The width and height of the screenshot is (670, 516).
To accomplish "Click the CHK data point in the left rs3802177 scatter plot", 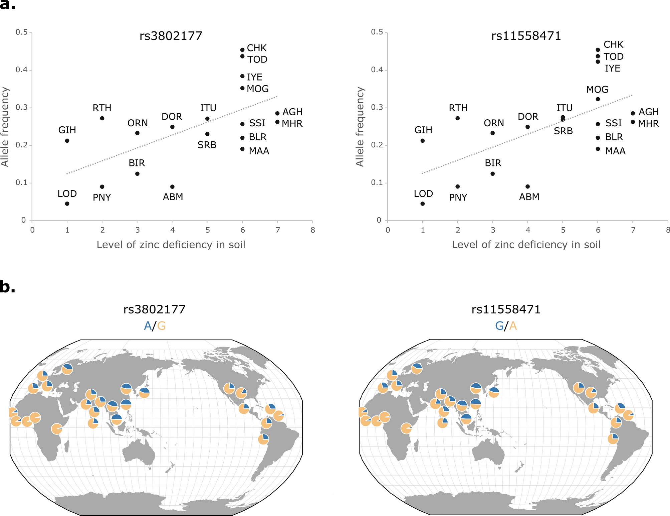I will [x=242, y=50].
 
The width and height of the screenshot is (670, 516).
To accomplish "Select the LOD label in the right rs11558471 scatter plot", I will [x=423, y=193].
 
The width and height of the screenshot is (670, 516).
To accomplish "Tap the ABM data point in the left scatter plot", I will [x=172, y=186].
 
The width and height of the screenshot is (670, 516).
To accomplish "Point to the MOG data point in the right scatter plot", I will [x=598, y=99].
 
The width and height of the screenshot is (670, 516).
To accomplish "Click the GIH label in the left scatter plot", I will [x=67, y=130].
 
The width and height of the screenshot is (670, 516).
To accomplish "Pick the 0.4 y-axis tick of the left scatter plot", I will [x=22, y=70].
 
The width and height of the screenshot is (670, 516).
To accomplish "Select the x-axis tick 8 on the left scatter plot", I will [x=312, y=230].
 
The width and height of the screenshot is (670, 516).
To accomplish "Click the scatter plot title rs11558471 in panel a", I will [x=526, y=36].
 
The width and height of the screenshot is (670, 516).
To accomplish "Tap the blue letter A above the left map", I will [x=147, y=326].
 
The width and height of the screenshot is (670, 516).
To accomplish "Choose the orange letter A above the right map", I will [x=513, y=326].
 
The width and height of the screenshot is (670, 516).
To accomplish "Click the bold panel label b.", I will [x=7, y=287].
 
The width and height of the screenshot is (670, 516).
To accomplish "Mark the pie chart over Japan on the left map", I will [x=144, y=393].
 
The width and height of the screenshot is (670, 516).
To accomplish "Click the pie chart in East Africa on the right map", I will [x=406, y=428].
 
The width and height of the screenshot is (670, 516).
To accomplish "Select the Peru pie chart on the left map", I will [x=263, y=439].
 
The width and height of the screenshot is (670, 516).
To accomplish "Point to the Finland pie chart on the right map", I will [x=417, y=368].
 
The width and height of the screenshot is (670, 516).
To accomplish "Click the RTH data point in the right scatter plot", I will [x=457, y=118].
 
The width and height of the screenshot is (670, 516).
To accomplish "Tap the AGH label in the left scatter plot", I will [x=292, y=112].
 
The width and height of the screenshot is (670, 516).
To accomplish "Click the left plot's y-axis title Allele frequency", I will [x=5, y=127].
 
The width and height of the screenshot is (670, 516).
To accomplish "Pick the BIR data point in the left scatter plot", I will [x=137, y=173].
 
